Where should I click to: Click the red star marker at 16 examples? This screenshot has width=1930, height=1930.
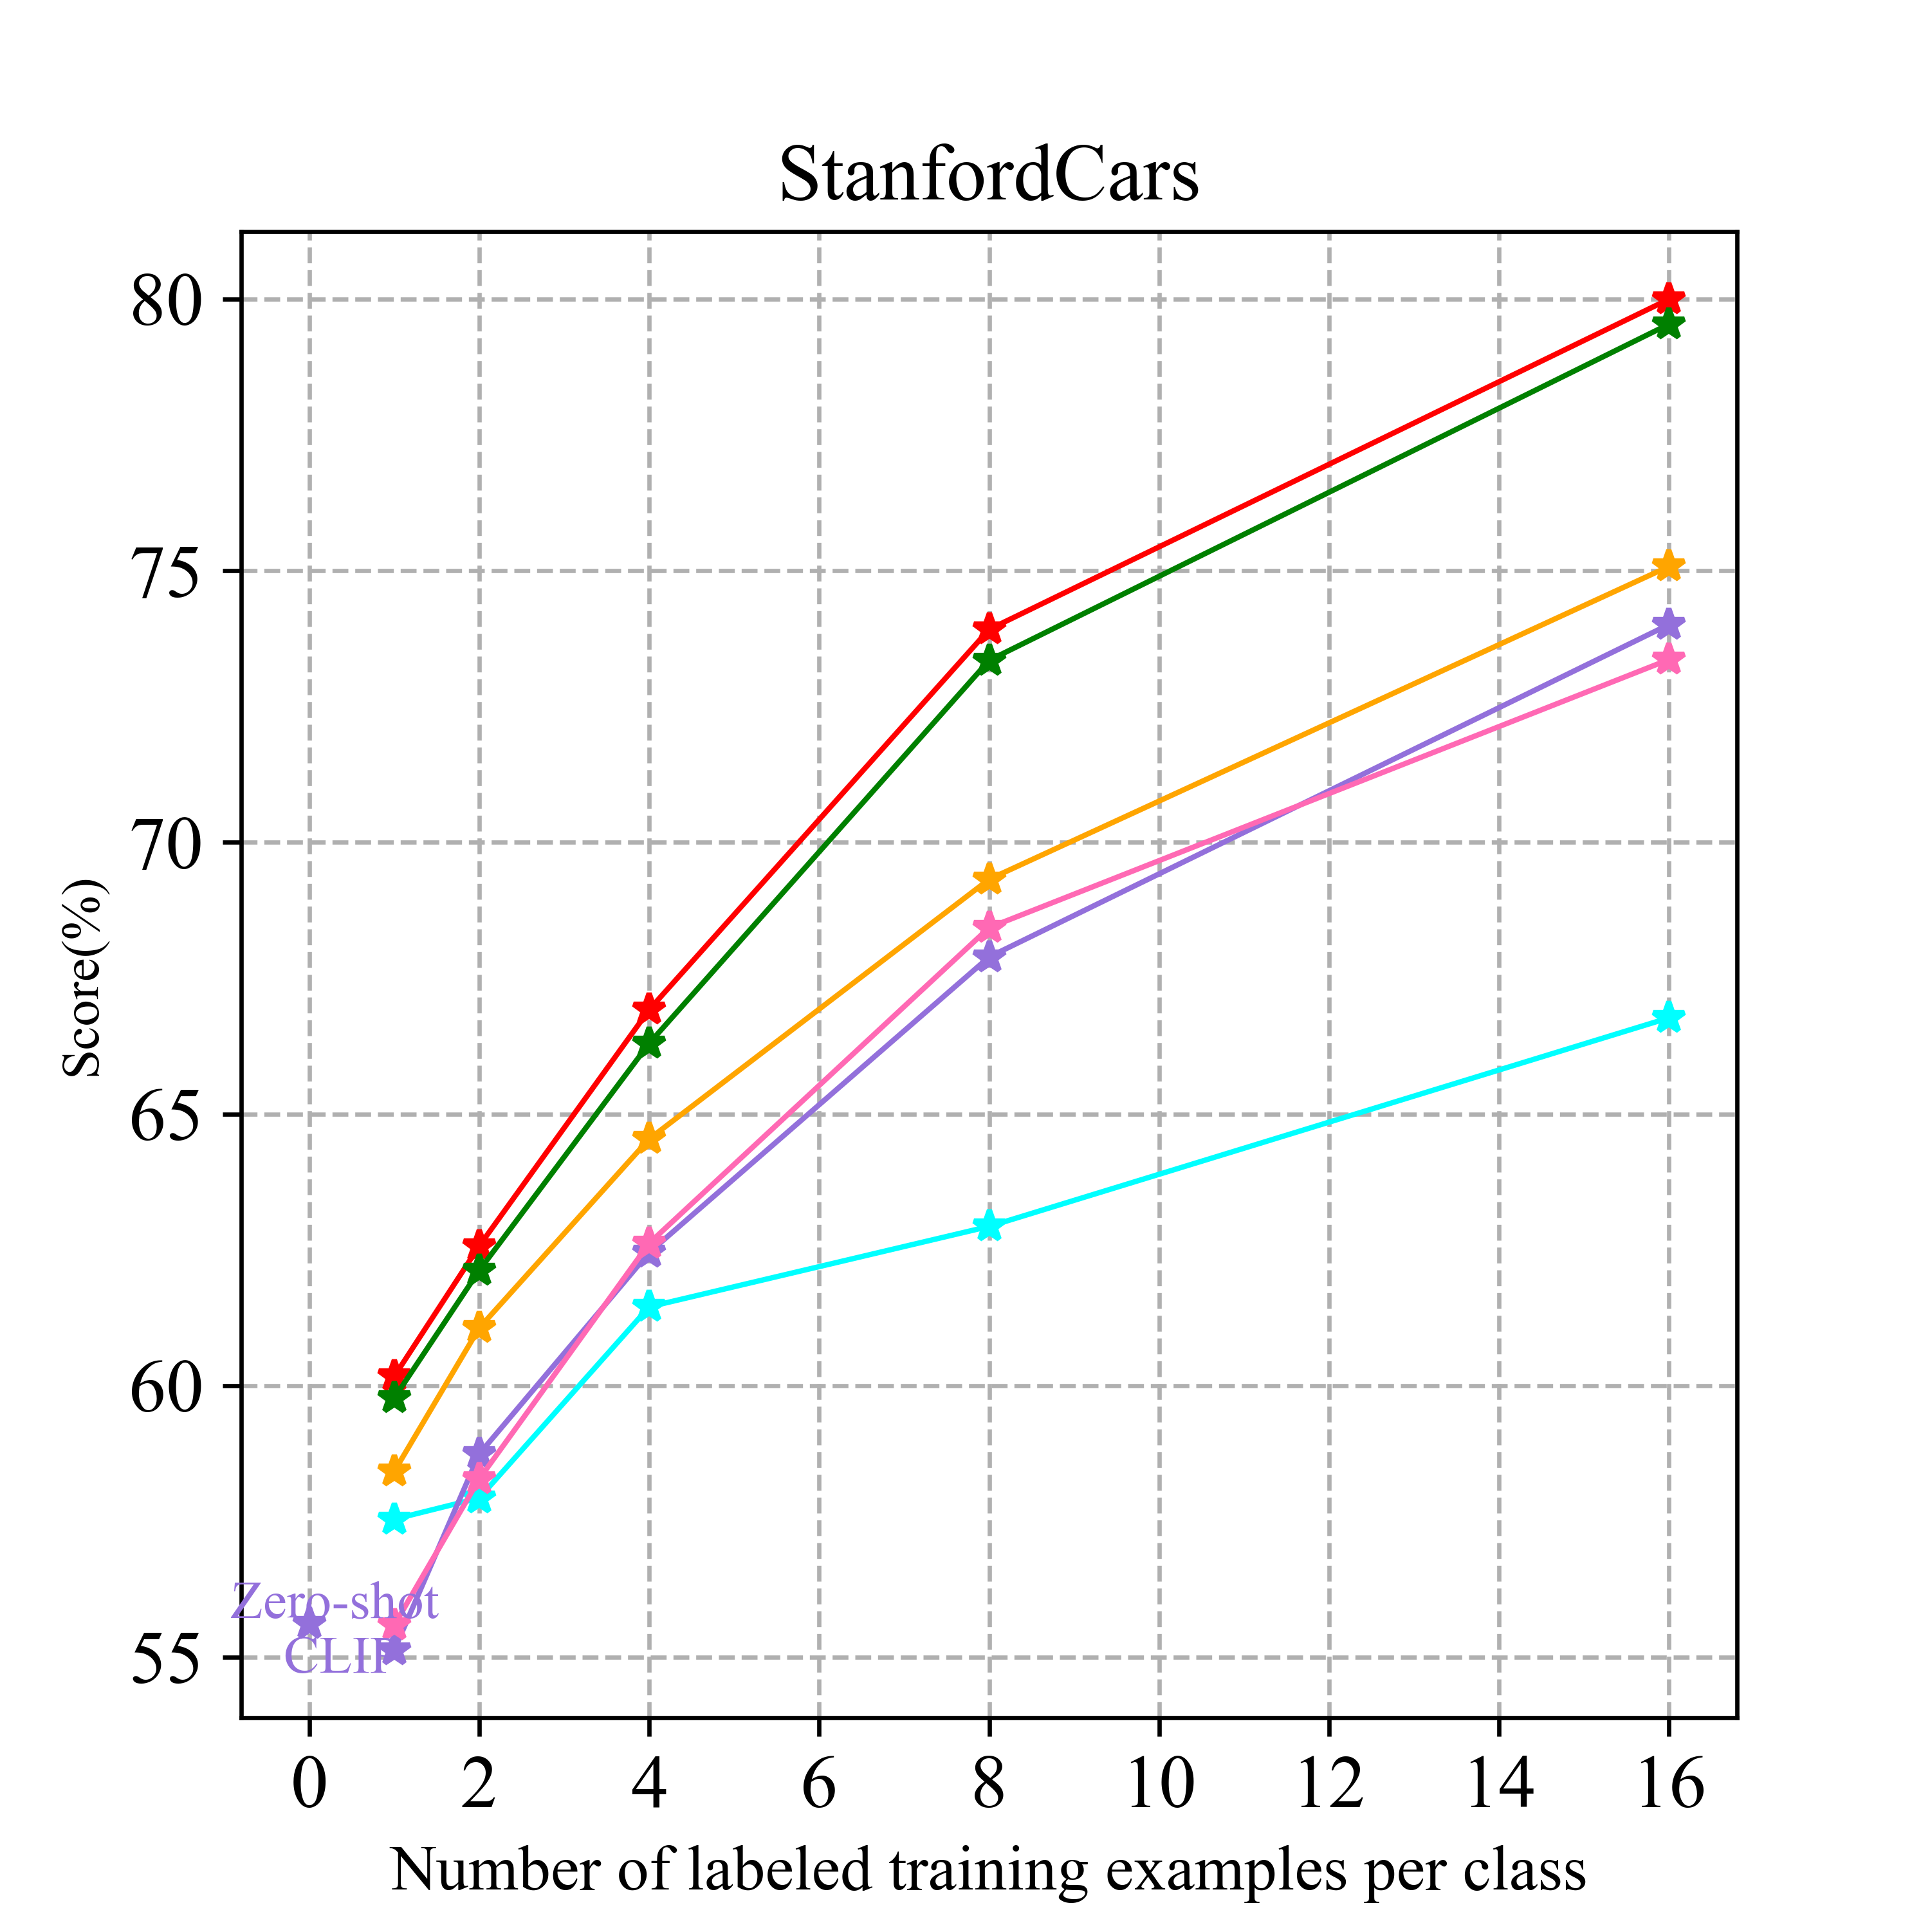pyautogui.click(x=1668, y=299)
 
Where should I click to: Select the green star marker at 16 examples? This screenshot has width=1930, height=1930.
pyautogui.click(x=1668, y=325)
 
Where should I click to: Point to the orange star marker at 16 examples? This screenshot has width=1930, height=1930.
pyautogui.click(x=1668, y=566)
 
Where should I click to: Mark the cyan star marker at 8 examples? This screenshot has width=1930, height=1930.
pyautogui.click(x=989, y=1226)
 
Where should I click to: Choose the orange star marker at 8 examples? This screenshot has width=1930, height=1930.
pyautogui.click(x=989, y=879)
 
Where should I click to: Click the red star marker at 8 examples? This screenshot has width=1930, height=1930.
pyautogui.click(x=989, y=629)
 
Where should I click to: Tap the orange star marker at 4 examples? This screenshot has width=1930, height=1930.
pyautogui.click(x=649, y=1138)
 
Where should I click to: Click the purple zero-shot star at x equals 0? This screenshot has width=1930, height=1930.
pyautogui.click(x=309, y=1622)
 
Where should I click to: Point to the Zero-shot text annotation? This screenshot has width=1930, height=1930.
pyautogui.click(x=335, y=1603)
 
